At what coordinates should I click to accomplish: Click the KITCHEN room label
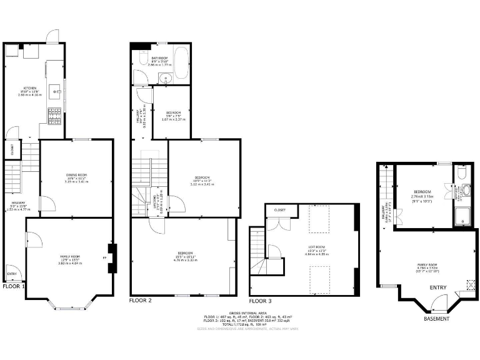coord(29,87)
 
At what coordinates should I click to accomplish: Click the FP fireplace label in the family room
coord(104,257)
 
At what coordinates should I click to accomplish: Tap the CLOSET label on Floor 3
coord(279,210)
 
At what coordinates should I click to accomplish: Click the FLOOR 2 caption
coord(141,301)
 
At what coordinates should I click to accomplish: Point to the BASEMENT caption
coord(436,319)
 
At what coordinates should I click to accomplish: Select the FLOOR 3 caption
coord(261,301)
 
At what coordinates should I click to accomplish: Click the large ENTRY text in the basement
coord(438,287)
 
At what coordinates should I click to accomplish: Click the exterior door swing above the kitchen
coord(52,35)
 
